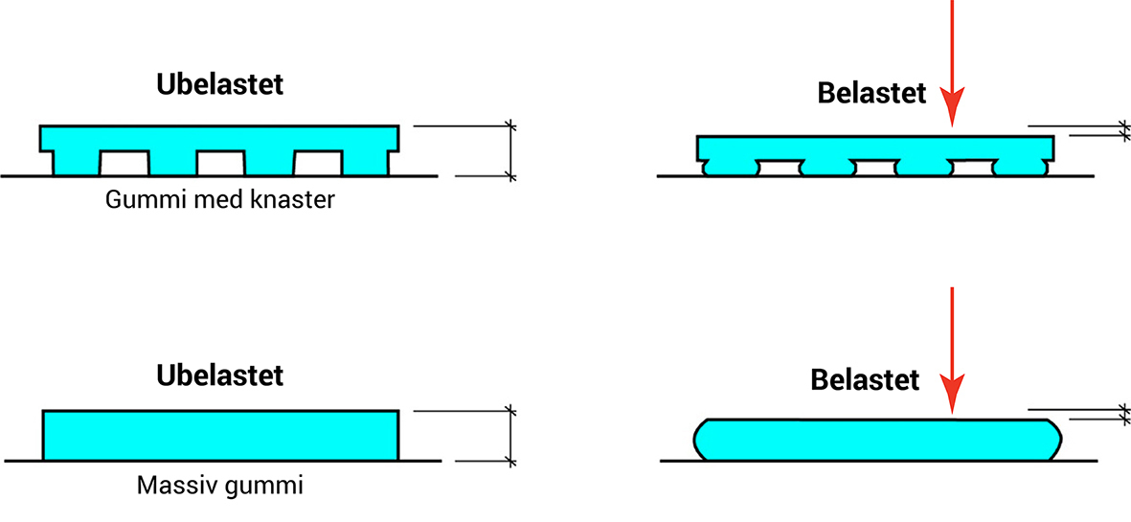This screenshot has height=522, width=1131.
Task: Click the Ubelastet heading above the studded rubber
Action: pyautogui.click(x=219, y=84)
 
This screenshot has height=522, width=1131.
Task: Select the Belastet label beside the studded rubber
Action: pyautogui.click(x=871, y=93)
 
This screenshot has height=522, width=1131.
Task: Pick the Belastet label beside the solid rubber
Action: pyautogui.click(x=865, y=379)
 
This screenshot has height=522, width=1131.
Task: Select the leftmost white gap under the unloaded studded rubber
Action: pyautogui.click(x=124, y=164)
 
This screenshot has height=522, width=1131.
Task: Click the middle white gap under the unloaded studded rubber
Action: pyautogui.click(x=221, y=164)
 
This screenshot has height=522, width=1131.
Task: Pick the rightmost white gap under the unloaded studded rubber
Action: pyautogui.click(x=318, y=164)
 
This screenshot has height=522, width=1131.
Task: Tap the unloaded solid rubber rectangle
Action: pyautogui.click(x=220, y=435)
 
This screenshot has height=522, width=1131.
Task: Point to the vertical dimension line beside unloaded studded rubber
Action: pyautogui.click(x=510, y=150)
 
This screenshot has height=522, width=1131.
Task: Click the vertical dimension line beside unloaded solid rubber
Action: pyautogui.click(x=510, y=436)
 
